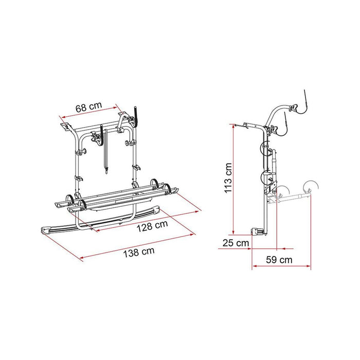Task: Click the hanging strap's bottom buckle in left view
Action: [x=106, y=166]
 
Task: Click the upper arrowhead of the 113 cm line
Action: [x=233, y=127]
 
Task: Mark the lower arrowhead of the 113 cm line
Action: [x=233, y=232]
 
